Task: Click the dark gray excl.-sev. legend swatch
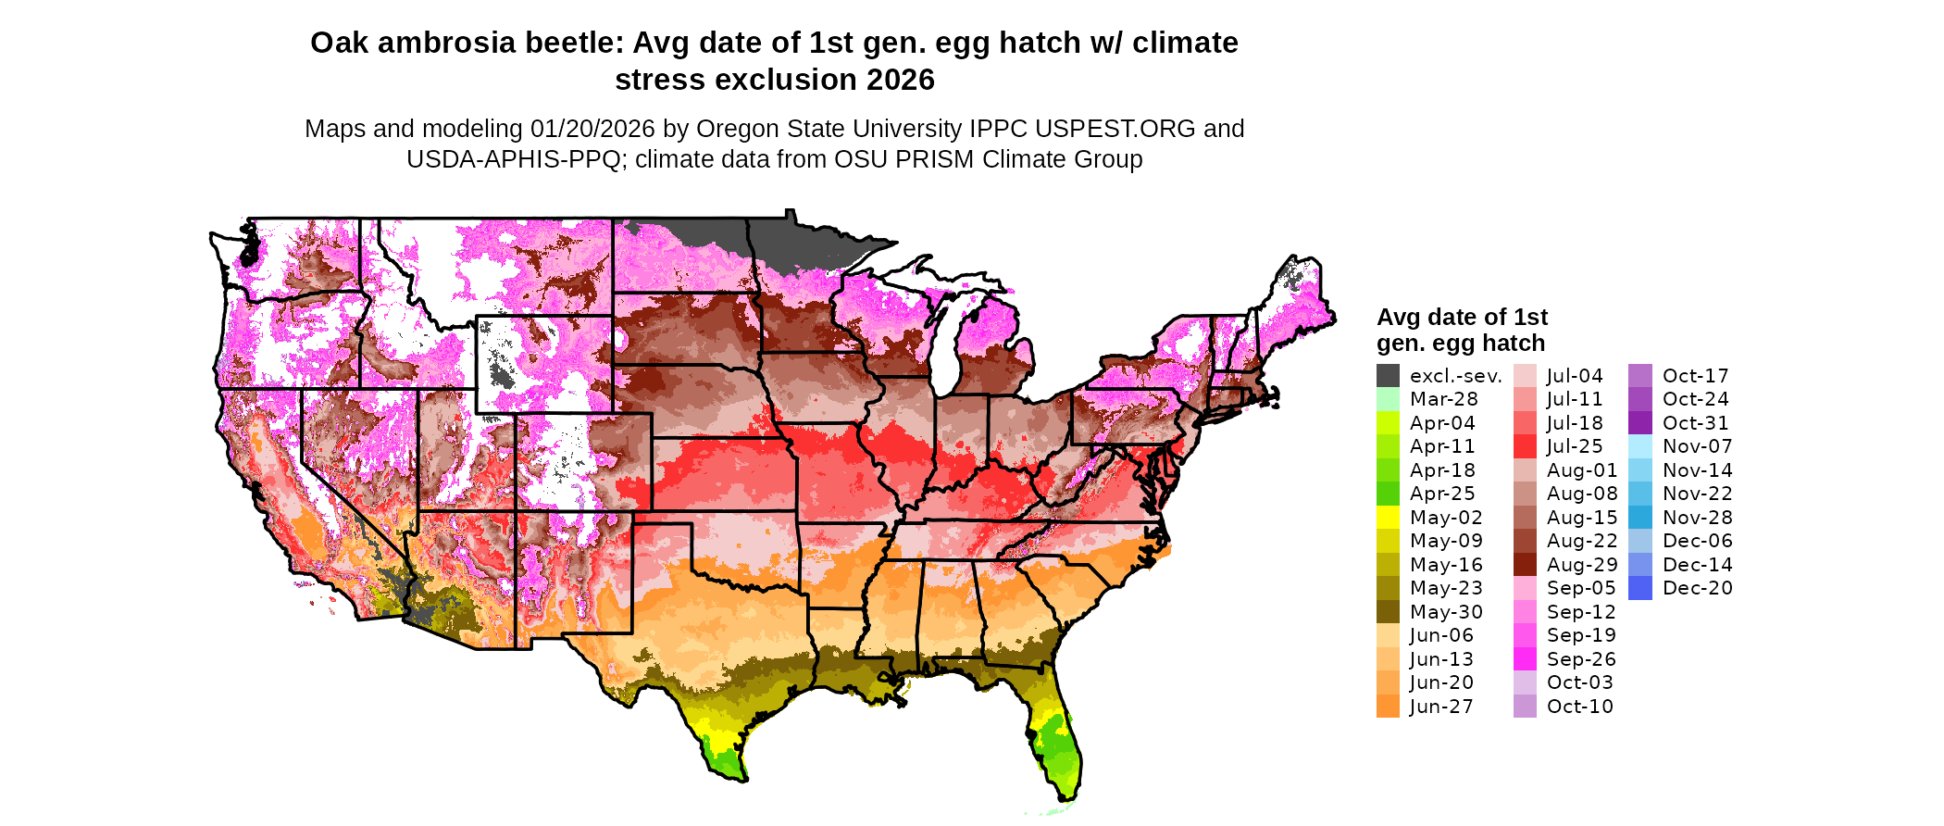pos(1388,376)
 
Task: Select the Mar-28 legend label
pos(1443,399)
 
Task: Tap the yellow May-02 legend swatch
pos(1388,518)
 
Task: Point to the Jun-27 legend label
pos(1441,707)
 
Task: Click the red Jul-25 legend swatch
pos(1525,446)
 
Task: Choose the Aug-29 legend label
pos(1582,565)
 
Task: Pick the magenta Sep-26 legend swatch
pos(1525,659)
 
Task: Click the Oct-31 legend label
pos(1695,423)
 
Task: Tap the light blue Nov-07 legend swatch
pos(1639,446)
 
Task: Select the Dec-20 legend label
pos(1697,588)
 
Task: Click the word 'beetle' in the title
pos(576,44)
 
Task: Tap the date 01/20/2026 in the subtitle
pos(592,129)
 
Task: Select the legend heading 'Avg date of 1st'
pos(1462,318)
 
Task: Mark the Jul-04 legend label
pos(1574,376)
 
